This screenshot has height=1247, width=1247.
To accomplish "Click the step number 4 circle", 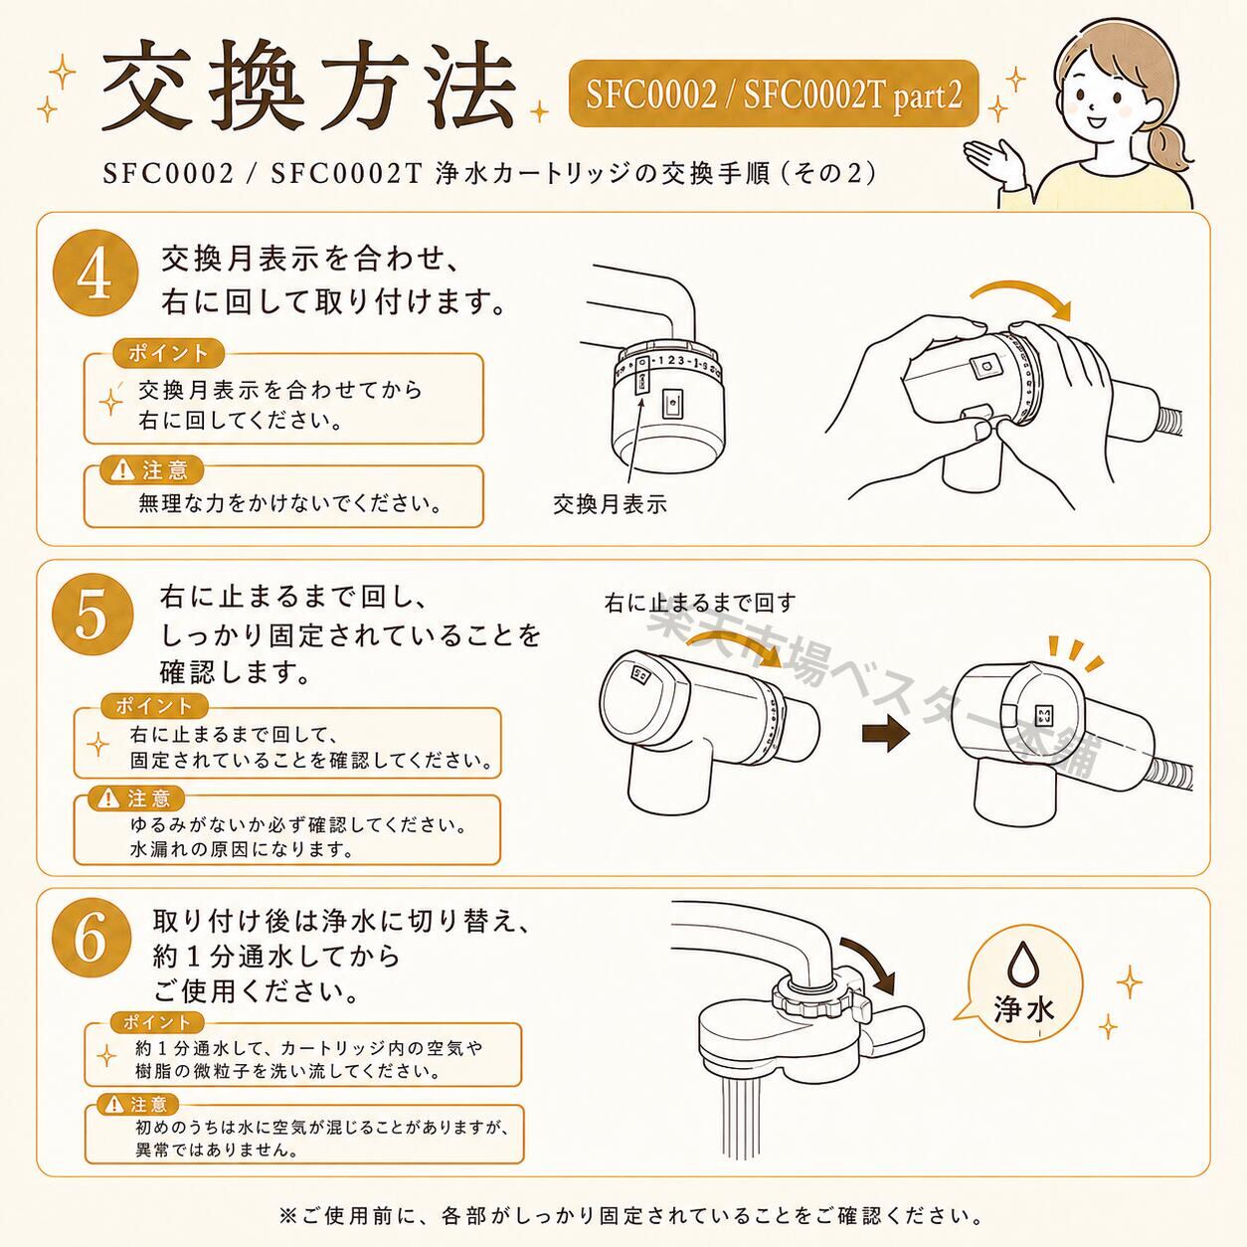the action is tap(95, 273).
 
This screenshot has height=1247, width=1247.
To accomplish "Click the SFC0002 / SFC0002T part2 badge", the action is tap(774, 94).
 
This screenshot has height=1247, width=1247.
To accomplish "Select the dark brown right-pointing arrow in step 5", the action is tap(886, 733).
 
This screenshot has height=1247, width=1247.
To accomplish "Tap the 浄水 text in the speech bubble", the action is tap(1023, 1009).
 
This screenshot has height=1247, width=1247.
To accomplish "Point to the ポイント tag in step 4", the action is tap(168, 353).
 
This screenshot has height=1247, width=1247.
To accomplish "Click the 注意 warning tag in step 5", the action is tap(138, 800).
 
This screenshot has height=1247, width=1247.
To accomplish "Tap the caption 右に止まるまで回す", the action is tap(699, 604).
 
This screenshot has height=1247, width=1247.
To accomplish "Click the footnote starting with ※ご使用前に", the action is tap(630, 1215).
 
